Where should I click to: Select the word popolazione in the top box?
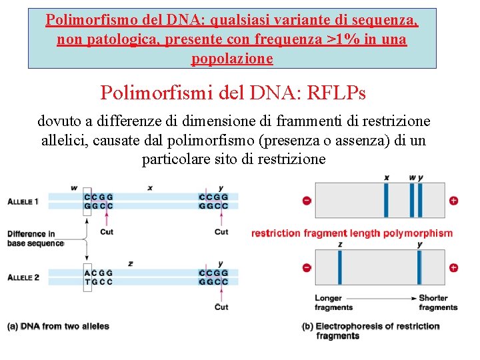point(232,59)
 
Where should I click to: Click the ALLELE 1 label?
point(23,201)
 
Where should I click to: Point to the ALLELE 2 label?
point(23,277)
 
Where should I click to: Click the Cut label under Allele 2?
point(221,307)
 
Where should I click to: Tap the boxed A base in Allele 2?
point(88,273)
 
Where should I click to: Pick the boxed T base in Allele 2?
point(88,282)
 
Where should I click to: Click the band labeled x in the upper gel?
point(386,200)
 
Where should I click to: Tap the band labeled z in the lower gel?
point(340,268)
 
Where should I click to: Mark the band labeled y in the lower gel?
point(419,268)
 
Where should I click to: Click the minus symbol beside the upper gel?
point(307,201)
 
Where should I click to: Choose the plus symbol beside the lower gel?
point(453,268)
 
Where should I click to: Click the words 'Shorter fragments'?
point(438,303)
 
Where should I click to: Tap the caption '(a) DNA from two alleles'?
point(58,326)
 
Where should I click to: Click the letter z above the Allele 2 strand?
point(131,264)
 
